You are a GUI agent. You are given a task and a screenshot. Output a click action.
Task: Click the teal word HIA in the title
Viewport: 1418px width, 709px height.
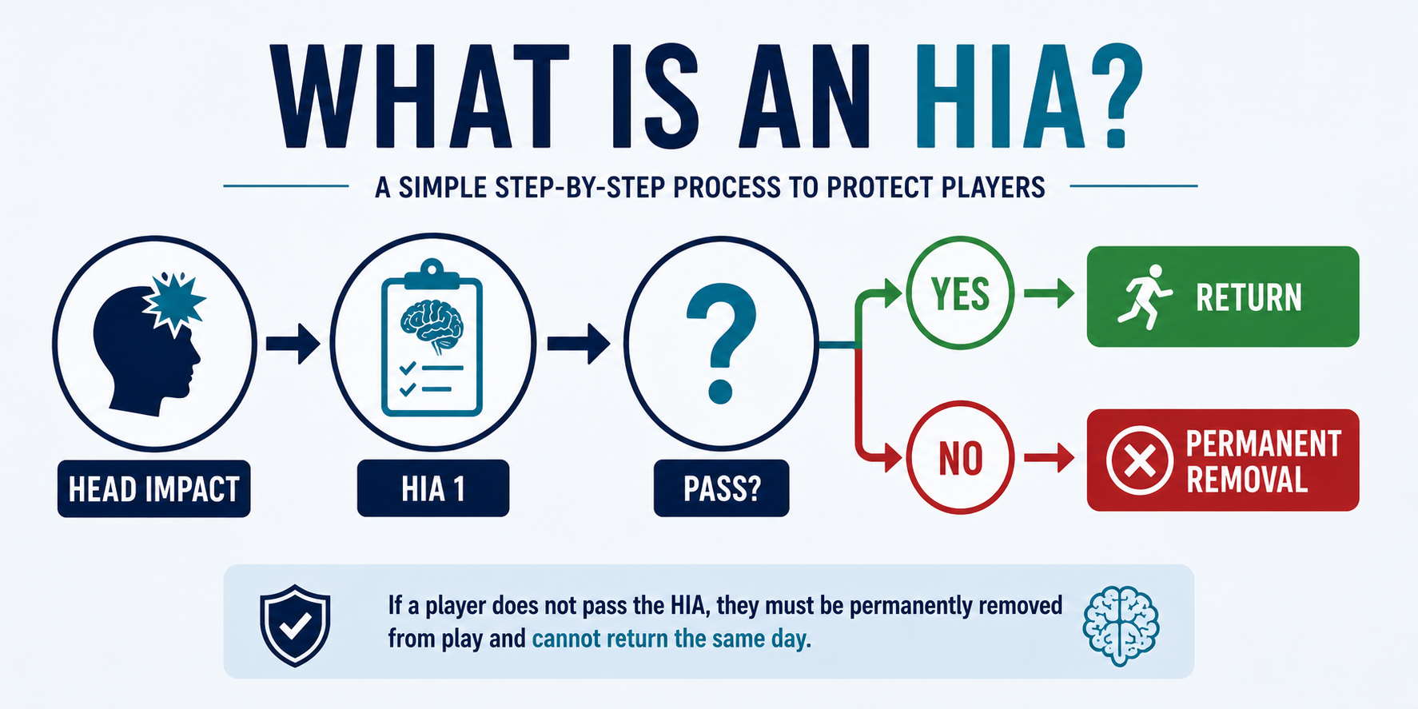(x=1000, y=97)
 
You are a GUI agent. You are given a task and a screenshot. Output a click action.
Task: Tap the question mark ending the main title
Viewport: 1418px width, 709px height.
(x=1117, y=97)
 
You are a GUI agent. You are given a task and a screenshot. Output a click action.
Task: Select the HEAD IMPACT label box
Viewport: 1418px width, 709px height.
(x=154, y=488)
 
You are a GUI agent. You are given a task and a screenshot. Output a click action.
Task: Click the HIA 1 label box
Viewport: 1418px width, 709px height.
(x=433, y=488)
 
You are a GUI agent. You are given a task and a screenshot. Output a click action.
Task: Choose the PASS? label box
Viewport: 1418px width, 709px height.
(x=721, y=488)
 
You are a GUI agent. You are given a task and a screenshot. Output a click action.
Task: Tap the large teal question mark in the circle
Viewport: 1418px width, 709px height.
(x=721, y=342)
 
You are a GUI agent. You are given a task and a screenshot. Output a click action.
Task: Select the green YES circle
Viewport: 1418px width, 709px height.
(x=960, y=293)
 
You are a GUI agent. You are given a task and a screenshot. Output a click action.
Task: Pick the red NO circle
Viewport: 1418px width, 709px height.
(x=960, y=457)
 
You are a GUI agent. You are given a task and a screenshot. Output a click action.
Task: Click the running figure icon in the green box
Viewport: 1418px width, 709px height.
(x=1144, y=297)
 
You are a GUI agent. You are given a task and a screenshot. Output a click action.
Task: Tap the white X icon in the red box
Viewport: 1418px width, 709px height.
(x=1139, y=460)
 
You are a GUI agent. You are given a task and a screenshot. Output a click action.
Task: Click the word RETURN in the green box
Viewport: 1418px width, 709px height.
(x=1249, y=297)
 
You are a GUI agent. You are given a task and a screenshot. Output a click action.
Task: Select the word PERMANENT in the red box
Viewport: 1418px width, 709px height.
(x=1263, y=444)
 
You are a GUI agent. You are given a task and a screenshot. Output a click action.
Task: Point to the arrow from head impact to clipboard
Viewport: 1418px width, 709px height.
(x=293, y=343)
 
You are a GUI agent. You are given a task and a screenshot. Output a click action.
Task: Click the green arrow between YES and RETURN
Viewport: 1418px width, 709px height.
(x=1050, y=293)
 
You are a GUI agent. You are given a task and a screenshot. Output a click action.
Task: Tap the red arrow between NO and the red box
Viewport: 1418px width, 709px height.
(x=1050, y=458)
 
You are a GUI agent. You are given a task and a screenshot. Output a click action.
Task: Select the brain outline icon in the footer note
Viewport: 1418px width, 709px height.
(x=1121, y=627)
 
